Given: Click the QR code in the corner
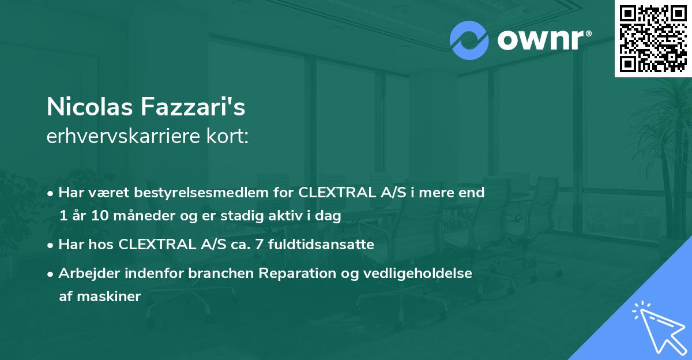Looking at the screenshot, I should click(653, 39).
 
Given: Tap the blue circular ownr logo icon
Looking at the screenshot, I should click(469, 40).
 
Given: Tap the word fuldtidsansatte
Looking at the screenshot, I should click(328, 245).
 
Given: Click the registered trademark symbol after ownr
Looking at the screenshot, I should click(588, 34).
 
